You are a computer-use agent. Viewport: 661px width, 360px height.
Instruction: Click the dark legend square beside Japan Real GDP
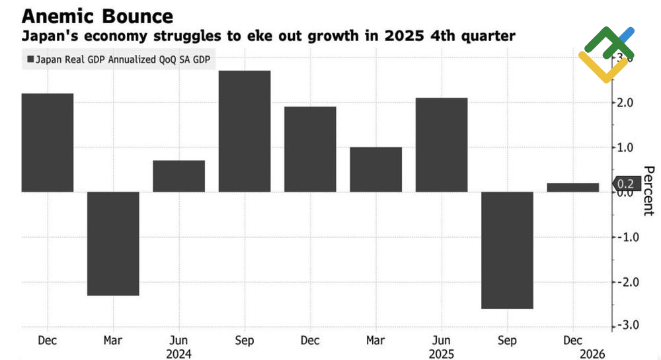[x=30, y=58]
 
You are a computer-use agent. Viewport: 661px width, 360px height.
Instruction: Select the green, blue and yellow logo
[x=606, y=54]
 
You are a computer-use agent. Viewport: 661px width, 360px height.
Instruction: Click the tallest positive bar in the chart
[x=245, y=131]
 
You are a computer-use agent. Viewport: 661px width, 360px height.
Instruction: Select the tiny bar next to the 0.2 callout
[x=572, y=188]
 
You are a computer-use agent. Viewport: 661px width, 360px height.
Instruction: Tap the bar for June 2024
[x=178, y=176]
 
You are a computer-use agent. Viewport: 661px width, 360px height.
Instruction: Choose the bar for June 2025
[x=442, y=145]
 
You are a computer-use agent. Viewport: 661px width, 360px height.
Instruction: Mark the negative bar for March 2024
[x=113, y=243]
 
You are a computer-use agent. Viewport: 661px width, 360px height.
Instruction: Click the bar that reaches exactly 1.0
[x=375, y=169]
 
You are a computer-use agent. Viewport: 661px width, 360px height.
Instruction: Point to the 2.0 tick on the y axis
[x=625, y=102]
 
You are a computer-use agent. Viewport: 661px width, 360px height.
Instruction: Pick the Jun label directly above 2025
[x=442, y=340]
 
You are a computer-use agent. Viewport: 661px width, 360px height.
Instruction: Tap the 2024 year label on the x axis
[x=178, y=354]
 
